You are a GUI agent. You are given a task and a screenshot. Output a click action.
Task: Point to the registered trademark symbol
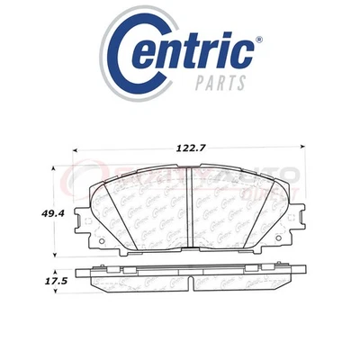click(x=260, y=40)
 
